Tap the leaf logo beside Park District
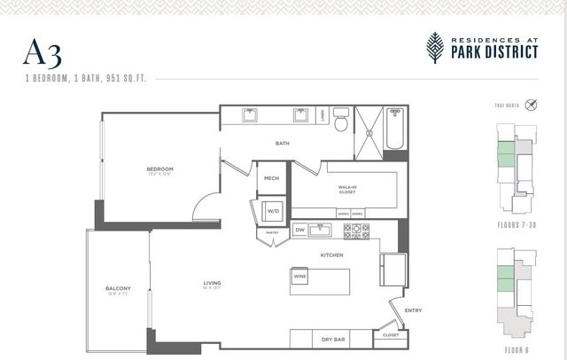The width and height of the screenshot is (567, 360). [435, 47]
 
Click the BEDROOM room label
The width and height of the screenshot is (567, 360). [159, 169]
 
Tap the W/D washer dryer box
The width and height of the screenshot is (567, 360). [273, 211]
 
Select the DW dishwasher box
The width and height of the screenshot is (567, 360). [299, 231]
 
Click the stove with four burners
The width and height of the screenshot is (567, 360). [356, 231]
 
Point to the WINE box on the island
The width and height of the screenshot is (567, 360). [299, 277]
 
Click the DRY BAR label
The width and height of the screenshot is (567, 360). [333, 338]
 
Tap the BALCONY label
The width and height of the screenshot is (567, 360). [118, 288]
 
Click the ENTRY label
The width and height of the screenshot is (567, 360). [413, 310]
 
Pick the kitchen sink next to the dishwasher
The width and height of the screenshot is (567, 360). [324, 231]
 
